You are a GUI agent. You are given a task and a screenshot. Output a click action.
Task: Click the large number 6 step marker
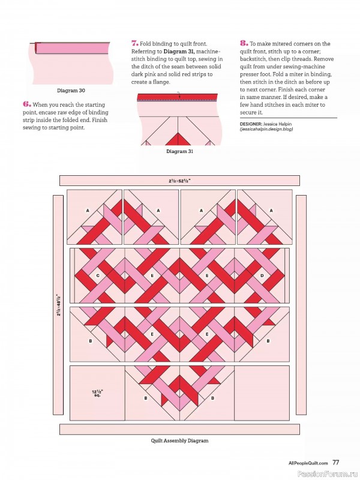pos(27,104)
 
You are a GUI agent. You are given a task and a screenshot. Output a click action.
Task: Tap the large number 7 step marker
pos(134,44)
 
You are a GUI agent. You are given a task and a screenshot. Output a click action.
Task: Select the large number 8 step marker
pos(243,44)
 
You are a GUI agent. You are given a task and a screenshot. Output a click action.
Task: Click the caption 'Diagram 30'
pos(71,91)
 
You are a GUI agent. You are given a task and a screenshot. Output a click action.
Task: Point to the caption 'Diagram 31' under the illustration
pos(179,152)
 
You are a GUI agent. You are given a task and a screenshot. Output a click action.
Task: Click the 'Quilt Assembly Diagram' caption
pos(179,440)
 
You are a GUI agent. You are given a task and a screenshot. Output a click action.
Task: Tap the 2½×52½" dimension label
pos(179,180)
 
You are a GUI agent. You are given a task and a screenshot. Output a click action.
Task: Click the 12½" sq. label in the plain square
pos(96,394)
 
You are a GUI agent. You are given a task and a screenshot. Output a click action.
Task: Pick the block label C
pos(97,276)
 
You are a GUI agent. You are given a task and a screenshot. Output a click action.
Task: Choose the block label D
pos(262,276)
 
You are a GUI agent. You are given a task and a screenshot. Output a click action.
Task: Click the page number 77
pos(336,463)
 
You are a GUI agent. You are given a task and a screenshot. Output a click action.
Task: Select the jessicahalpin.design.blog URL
pos(266,129)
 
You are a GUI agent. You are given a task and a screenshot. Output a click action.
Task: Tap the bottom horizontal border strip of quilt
pos(179,429)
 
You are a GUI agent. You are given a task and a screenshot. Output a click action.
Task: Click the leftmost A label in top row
pos(88,211)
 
